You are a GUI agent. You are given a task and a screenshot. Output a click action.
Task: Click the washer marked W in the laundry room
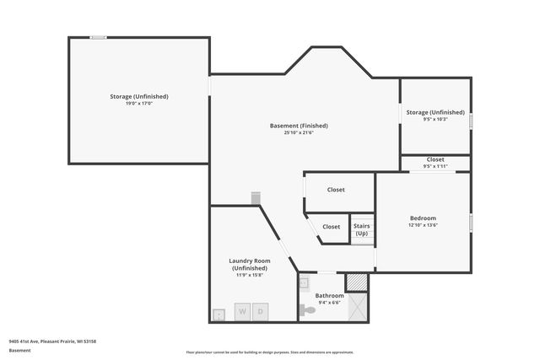click(242, 312)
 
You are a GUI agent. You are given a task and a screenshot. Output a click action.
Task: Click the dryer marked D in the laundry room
click(261, 312)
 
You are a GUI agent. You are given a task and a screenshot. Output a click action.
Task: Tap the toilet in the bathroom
click(309, 310)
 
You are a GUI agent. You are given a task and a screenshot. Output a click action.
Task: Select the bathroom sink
click(305, 283)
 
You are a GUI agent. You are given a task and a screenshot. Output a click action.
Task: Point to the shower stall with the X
click(358, 308)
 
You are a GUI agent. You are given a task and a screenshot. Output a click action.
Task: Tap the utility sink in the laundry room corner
click(219, 314)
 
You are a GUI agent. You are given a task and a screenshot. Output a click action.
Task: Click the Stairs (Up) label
click(361, 229)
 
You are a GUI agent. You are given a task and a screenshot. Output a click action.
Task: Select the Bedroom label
click(422, 218)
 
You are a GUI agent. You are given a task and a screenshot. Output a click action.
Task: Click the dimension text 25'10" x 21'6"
click(299, 133)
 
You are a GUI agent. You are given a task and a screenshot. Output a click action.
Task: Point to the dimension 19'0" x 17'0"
click(138, 104)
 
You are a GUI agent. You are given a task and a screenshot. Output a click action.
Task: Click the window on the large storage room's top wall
click(99, 37)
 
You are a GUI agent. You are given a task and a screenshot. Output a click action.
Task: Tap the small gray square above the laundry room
click(255, 197)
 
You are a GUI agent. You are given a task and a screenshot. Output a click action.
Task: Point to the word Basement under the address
click(20, 350)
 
